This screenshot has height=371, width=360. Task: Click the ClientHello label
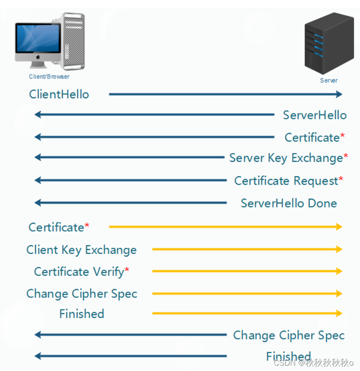(x=59, y=94)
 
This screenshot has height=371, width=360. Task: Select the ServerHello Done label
(x=289, y=203)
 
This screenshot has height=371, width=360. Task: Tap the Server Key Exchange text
(x=286, y=158)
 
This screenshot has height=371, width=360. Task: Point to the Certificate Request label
(x=286, y=181)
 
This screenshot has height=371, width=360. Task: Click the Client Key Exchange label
(x=81, y=250)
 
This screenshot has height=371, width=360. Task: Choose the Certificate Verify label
(x=79, y=272)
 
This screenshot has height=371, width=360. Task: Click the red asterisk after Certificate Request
(x=341, y=180)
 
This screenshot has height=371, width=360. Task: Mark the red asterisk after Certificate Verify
(x=127, y=271)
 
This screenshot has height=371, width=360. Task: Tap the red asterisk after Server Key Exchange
(x=346, y=157)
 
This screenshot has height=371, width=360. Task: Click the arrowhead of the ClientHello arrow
(x=339, y=94)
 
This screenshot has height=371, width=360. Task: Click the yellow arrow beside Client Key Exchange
(x=247, y=249)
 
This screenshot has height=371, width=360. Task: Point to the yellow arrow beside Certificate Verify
(x=247, y=271)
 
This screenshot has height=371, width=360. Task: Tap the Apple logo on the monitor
(x=38, y=57)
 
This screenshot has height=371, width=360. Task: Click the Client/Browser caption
(x=49, y=77)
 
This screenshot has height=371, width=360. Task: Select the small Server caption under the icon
(x=328, y=80)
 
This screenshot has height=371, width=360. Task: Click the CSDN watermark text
(x=313, y=363)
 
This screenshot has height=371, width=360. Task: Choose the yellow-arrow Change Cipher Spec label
(x=82, y=294)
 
